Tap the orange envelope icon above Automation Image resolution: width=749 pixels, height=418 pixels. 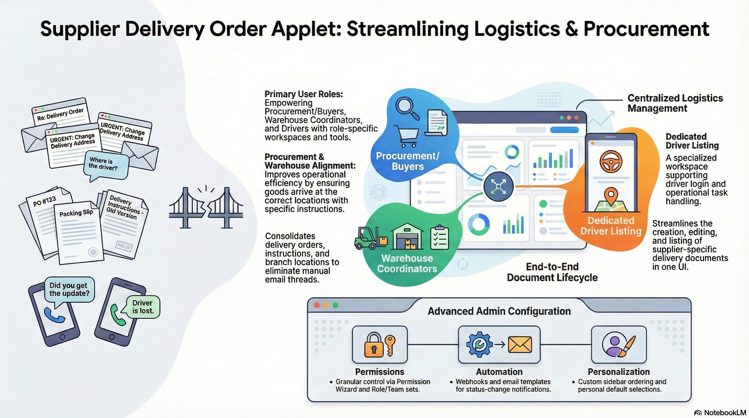pyautogui.click(x=520, y=345)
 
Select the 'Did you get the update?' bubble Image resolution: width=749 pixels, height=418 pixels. pyautogui.click(x=69, y=289)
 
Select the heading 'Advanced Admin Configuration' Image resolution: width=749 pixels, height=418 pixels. pyautogui.click(x=499, y=311)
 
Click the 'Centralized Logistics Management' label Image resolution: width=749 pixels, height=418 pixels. pyautogui.click(x=675, y=103)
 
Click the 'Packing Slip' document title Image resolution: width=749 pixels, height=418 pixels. pyautogui.click(x=76, y=213)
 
